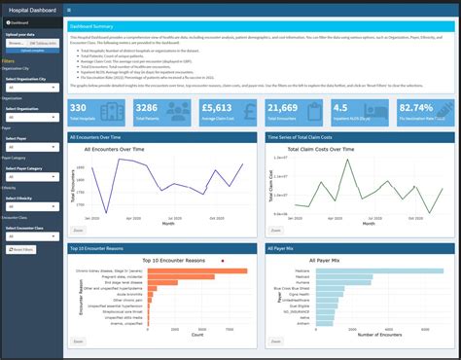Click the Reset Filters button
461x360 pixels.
22,249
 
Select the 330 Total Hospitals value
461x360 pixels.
79,108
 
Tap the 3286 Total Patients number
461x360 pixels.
146,108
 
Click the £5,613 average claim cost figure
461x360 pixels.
217,108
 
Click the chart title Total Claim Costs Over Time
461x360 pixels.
312,150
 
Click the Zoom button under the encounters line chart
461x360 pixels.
79,232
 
